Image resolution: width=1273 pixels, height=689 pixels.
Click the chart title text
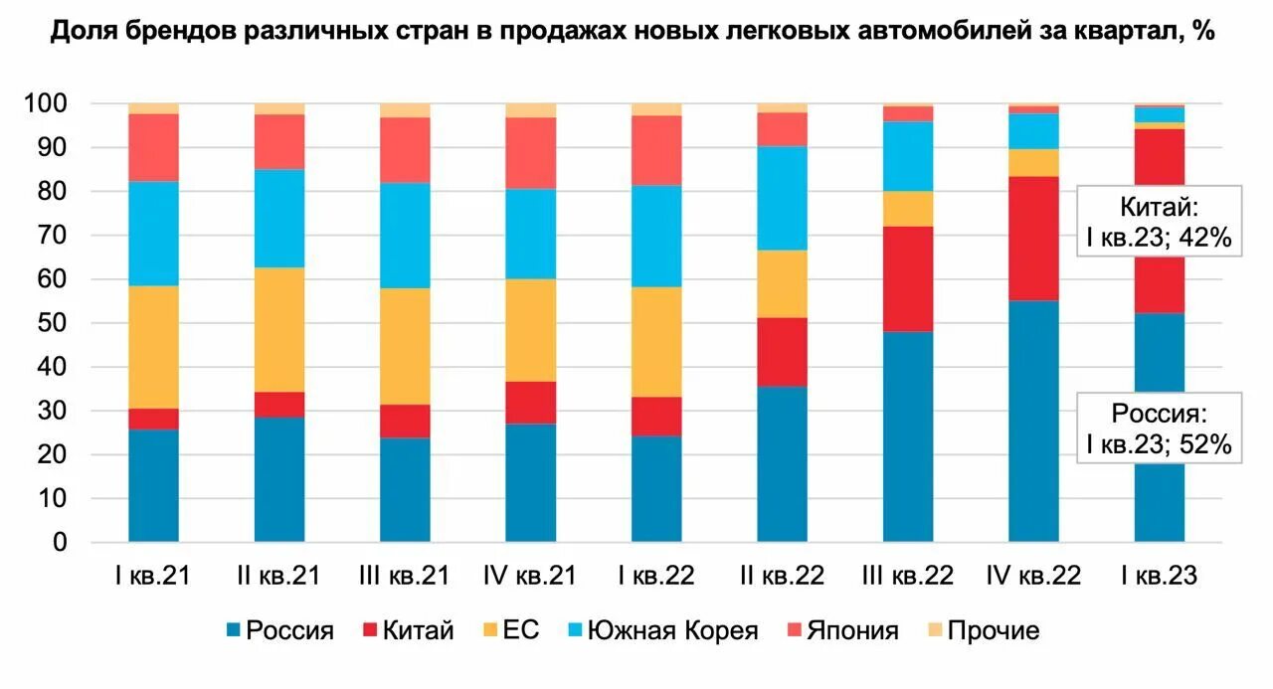[634, 32]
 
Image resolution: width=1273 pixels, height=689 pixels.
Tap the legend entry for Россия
[279, 630]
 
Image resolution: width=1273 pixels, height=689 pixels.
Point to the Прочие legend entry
[981, 630]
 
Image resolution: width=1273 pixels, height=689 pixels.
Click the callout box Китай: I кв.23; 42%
[1160, 221]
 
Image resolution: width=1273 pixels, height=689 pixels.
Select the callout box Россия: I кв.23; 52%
[1160, 428]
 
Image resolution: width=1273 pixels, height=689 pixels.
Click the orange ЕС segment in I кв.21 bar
[153, 347]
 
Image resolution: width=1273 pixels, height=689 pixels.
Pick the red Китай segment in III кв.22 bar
[908, 278]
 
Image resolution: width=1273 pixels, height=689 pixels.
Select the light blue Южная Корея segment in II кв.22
[783, 198]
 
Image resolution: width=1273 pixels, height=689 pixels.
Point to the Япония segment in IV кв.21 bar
[530, 152]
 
